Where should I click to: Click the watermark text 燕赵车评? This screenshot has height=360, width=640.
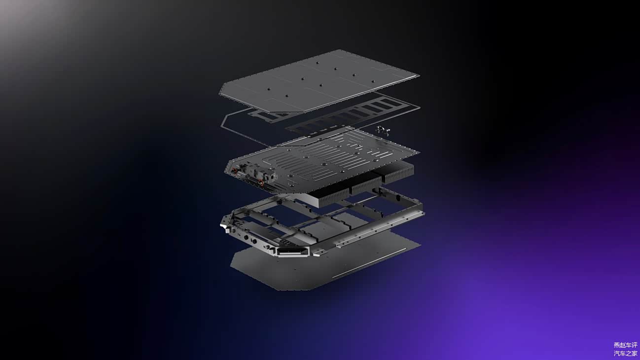[625, 345]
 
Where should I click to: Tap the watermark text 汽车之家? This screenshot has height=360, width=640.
[625, 354]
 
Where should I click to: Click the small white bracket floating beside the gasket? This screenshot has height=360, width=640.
[383, 130]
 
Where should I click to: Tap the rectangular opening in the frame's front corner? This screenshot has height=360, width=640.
[292, 252]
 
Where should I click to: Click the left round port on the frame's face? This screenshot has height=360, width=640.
[246, 237]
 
